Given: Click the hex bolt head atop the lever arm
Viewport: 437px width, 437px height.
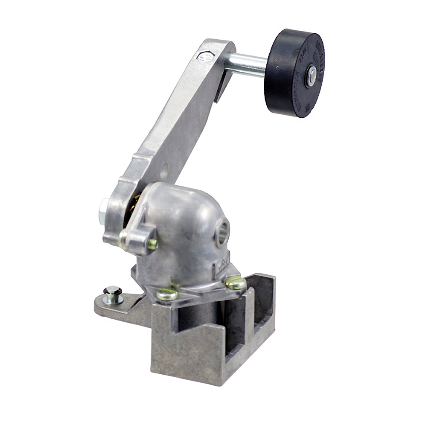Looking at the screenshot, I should click(205, 56).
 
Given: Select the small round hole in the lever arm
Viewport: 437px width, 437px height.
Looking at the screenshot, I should click(164, 173).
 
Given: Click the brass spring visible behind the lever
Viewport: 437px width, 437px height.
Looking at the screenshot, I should click(136, 203).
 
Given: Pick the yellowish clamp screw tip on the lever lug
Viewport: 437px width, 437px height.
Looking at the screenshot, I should click(152, 244).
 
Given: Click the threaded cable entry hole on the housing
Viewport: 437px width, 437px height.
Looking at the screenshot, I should click(222, 233).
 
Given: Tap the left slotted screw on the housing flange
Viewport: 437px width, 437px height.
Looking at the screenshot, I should click(167, 294).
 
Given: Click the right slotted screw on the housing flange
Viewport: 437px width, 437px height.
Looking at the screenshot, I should click(236, 283).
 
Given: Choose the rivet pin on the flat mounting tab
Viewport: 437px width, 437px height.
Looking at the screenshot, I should click(113, 294).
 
